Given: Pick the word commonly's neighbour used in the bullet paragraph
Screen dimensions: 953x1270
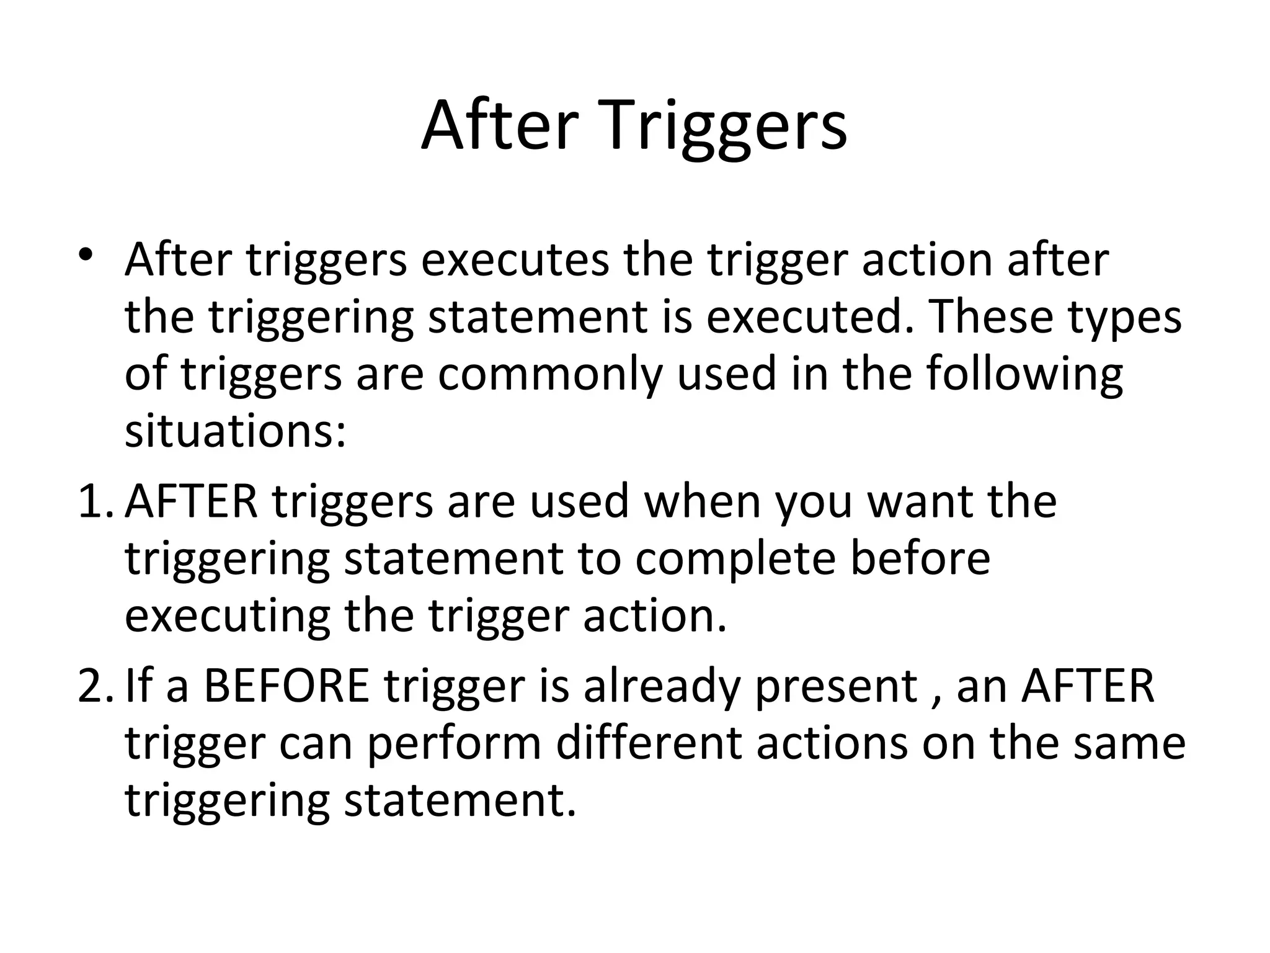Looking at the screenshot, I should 726,374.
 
